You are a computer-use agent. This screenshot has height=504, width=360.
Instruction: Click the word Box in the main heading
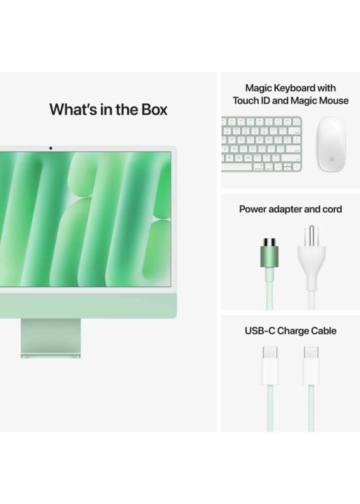[154, 109]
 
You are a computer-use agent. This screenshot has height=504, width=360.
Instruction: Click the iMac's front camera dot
[50, 148]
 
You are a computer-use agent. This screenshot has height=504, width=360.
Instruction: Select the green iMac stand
[51, 338]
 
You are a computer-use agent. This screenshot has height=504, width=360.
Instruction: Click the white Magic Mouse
[332, 144]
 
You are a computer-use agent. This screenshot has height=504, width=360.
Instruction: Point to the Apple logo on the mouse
[332, 159]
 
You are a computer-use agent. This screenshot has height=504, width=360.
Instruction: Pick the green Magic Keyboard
[262, 144]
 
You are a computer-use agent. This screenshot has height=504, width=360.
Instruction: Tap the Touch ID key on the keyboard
[296, 122]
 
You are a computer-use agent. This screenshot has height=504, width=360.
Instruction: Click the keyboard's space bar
[236, 167]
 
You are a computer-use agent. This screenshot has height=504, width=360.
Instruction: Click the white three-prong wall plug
[311, 257]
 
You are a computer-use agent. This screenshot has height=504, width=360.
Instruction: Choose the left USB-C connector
[270, 366]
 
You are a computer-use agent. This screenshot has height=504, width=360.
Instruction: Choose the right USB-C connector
[311, 366]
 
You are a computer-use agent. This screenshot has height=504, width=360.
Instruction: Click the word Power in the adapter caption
[253, 209]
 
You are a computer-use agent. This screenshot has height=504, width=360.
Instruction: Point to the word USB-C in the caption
[260, 331]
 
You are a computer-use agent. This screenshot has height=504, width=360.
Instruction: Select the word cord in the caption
[332, 209]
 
